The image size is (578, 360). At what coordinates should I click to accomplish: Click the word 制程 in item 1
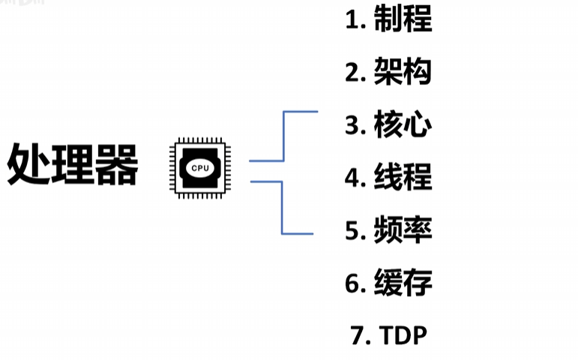[x=403, y=20]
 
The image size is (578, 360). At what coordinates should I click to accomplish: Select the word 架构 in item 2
[x=403, y=73]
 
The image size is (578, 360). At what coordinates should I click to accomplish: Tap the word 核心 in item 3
[x=403, y=125]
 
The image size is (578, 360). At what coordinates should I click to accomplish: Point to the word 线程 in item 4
[x=403, y=178]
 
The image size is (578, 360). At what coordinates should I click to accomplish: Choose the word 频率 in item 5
[x=403, y=230]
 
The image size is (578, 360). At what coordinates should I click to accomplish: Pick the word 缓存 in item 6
[x=403, y=283]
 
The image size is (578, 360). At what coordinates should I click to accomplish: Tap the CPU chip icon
[x=200, y=166]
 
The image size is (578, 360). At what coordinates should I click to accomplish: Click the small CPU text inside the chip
[x=200, y=168]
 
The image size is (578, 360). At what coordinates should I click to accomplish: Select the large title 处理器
[x=73, y=166]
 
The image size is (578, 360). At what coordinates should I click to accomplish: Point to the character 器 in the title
[x=117, y=166]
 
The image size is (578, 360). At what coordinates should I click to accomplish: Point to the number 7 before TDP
[x=357, y=336]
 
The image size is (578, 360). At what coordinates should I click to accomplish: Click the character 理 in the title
[x=73, y=166]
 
